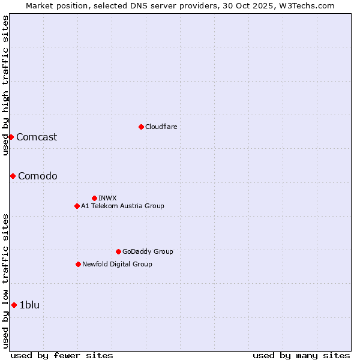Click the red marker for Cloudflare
[141, 127]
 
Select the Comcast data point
[11, 137]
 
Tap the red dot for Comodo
[13, 176]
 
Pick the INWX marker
[94, 198]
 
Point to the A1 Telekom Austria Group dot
[77, 206]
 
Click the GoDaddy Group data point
[118, 251]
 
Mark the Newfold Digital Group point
[78, 264]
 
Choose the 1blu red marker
[14, 305]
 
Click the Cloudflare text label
[161, 127]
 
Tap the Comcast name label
[37, 137]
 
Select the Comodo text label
[38, 176]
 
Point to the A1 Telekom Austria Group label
[122, 206]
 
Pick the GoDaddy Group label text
[148, 251]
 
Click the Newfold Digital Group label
[117, 264]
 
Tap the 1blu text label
[29, 305]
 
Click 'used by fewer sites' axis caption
[62, 355]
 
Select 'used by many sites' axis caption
[301, 355]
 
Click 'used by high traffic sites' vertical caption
[5, 85]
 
